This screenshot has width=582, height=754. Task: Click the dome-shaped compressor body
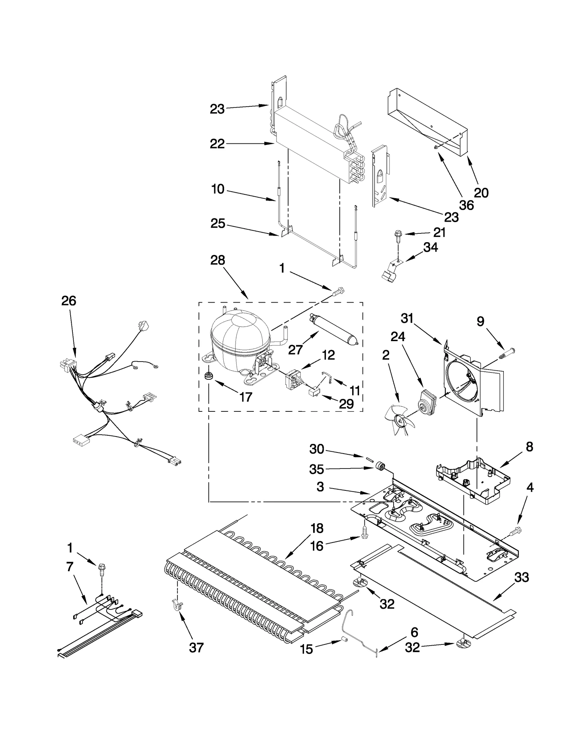click(240, 335)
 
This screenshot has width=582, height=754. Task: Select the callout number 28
click(218, 260)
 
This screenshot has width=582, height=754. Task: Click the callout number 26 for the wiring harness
click(68, 301)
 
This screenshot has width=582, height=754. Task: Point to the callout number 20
click(481, 193)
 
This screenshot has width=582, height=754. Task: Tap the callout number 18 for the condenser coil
click(317, 528)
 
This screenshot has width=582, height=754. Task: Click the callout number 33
click(521, 577)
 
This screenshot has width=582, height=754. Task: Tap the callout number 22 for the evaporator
click(217, 144)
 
